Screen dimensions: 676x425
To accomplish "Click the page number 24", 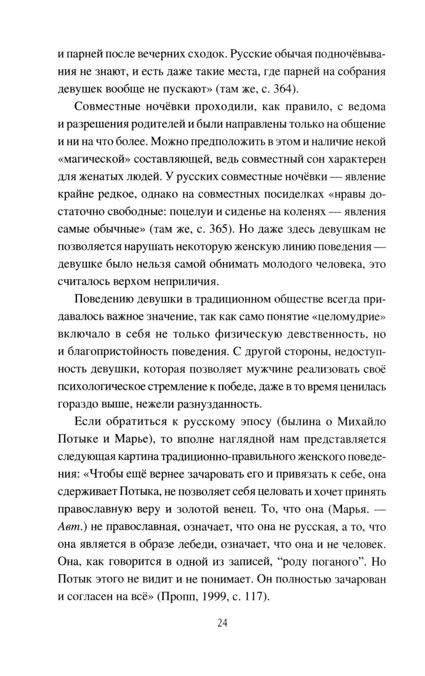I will (223, 623).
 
